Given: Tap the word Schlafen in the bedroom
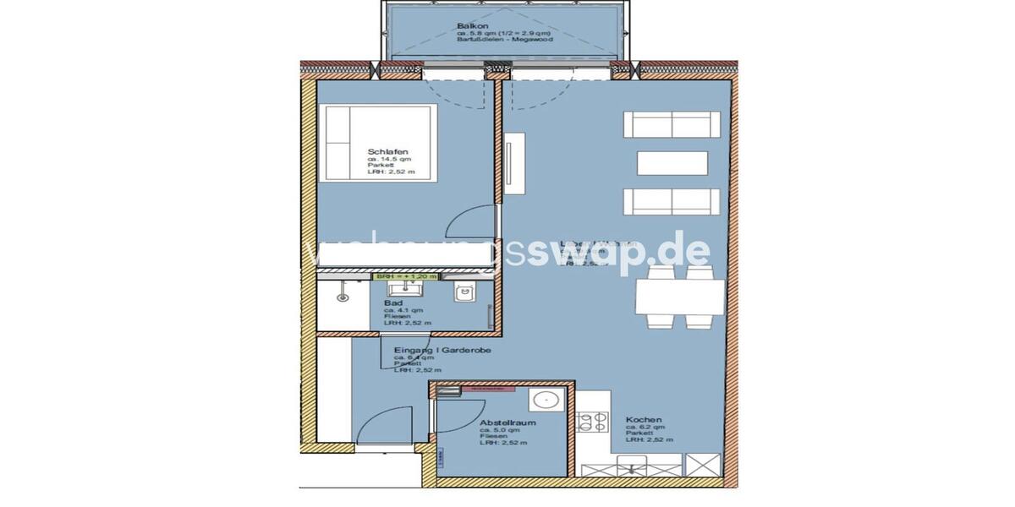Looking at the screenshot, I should [383, 151].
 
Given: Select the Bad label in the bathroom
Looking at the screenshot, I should [392, 303].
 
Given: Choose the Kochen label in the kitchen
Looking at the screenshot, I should [644, 420].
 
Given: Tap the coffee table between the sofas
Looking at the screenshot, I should [672, 162].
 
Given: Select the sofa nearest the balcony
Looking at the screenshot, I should [672, 124].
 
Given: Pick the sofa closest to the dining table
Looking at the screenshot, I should [672, 203].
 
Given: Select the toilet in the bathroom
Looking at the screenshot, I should [463, 292].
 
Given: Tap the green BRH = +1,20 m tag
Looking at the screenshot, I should [407, 276].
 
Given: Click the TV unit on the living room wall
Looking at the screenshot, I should [511, 169].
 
